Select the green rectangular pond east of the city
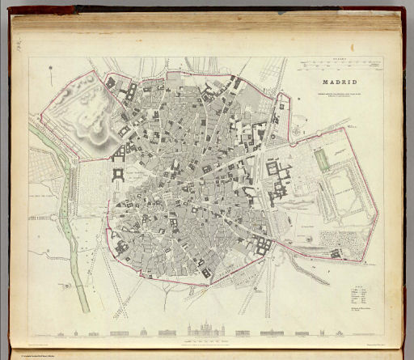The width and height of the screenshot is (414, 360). pos(323,159)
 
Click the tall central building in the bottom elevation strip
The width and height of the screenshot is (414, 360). pos(198,328)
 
